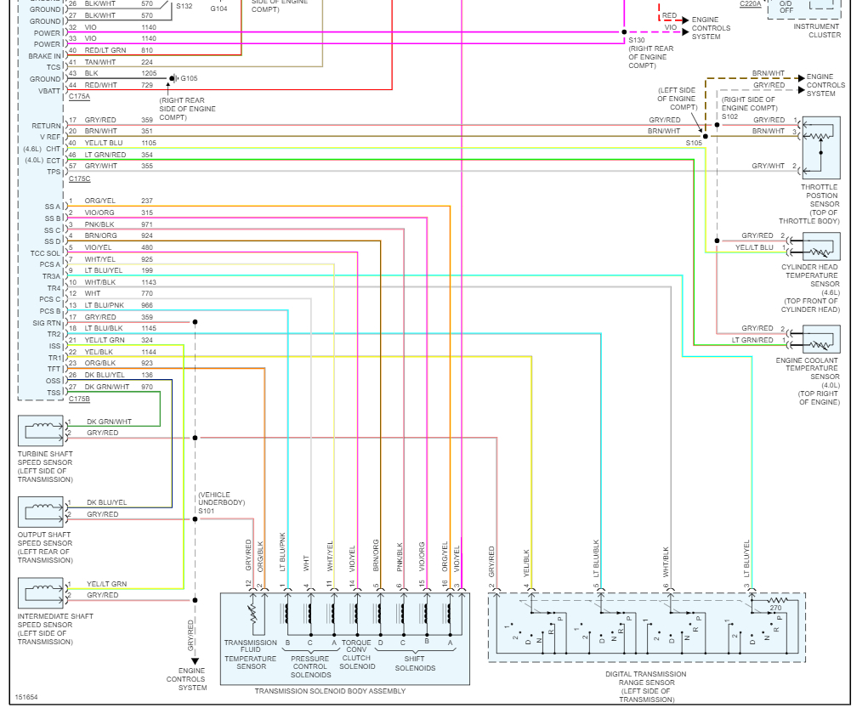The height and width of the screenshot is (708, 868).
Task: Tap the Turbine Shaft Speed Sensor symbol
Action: click(41, 431)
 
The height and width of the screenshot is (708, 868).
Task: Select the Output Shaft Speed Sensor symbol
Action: click(41, 512)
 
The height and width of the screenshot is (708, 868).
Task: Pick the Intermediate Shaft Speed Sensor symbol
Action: click(41, 592)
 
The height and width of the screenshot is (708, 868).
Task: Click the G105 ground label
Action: click(189, 78)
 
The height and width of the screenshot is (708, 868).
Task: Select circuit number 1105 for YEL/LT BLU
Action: click(149, 143)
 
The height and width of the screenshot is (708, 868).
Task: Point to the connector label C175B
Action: click(79, 399)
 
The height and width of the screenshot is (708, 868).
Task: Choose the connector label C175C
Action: click(80, 178)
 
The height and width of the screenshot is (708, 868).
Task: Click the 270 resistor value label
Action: click(774, 608)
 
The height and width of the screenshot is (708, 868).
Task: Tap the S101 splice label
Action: click(207, 511)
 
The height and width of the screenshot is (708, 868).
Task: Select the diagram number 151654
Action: click(26, 697)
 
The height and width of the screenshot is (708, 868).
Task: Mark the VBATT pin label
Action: click(49, 91)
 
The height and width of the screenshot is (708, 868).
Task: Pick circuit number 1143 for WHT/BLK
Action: click(149, 282)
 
